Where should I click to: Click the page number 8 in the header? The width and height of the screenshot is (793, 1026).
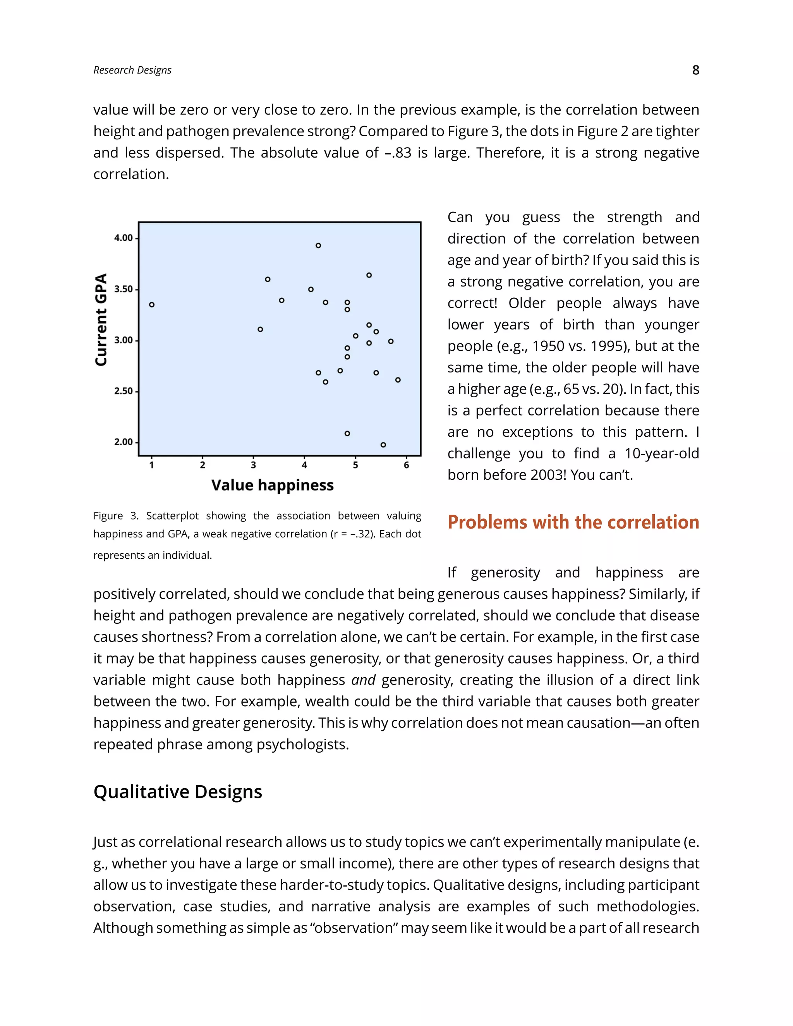tap(695, 70)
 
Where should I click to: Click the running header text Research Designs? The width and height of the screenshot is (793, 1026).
tap(132, 70)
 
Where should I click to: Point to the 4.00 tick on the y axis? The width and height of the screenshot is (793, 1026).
tap(124, 238)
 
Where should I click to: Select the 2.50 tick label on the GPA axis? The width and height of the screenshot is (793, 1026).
tap(124, 391)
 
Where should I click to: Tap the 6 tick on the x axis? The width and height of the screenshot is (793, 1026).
tap(406, 465)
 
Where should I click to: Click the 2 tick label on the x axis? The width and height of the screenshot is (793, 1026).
tap(203, 465)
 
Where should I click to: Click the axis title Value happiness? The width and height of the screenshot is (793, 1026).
tap(273, 485)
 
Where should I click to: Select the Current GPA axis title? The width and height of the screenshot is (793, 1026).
tap(101, 319)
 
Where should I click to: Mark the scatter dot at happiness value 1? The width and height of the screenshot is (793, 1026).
tap(152, 305)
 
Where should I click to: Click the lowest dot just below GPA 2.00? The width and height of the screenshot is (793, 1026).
tap(383, 445)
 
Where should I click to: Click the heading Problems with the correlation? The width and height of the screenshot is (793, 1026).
tap(573, 522)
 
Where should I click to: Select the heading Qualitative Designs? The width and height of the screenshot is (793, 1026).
tap(178, 792)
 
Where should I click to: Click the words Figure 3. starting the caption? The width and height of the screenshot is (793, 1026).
tap(115, 516)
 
